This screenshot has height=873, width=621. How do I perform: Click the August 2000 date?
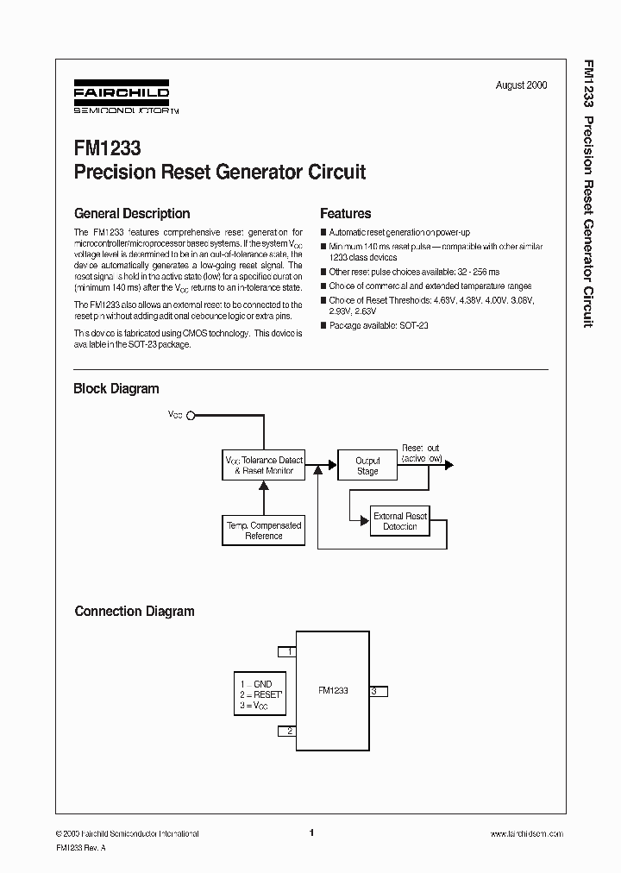[521, 85]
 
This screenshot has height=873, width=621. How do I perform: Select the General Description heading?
[132, 214]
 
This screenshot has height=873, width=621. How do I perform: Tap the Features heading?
[345, 214]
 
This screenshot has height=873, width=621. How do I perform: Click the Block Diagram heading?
[116, 389]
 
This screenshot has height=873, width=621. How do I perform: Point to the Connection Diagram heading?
[135, 612]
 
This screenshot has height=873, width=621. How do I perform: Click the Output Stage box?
[367, 466]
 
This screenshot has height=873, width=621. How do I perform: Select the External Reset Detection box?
[399, 521]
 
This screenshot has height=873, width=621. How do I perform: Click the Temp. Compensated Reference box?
[263, 531]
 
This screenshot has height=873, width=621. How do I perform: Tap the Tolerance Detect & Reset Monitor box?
[264, 466]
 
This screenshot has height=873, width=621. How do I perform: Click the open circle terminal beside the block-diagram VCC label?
[191, 415]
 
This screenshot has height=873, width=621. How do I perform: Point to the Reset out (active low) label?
[421, 454]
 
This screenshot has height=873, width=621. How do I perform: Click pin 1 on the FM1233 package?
[287, 651]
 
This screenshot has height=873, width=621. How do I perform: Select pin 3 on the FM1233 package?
[378, 691]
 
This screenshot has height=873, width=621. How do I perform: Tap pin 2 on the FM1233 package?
[287, 732]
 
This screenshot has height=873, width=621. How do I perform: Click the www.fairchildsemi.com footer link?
[526, 834]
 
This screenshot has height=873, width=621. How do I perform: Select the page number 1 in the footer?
[310, 833]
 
